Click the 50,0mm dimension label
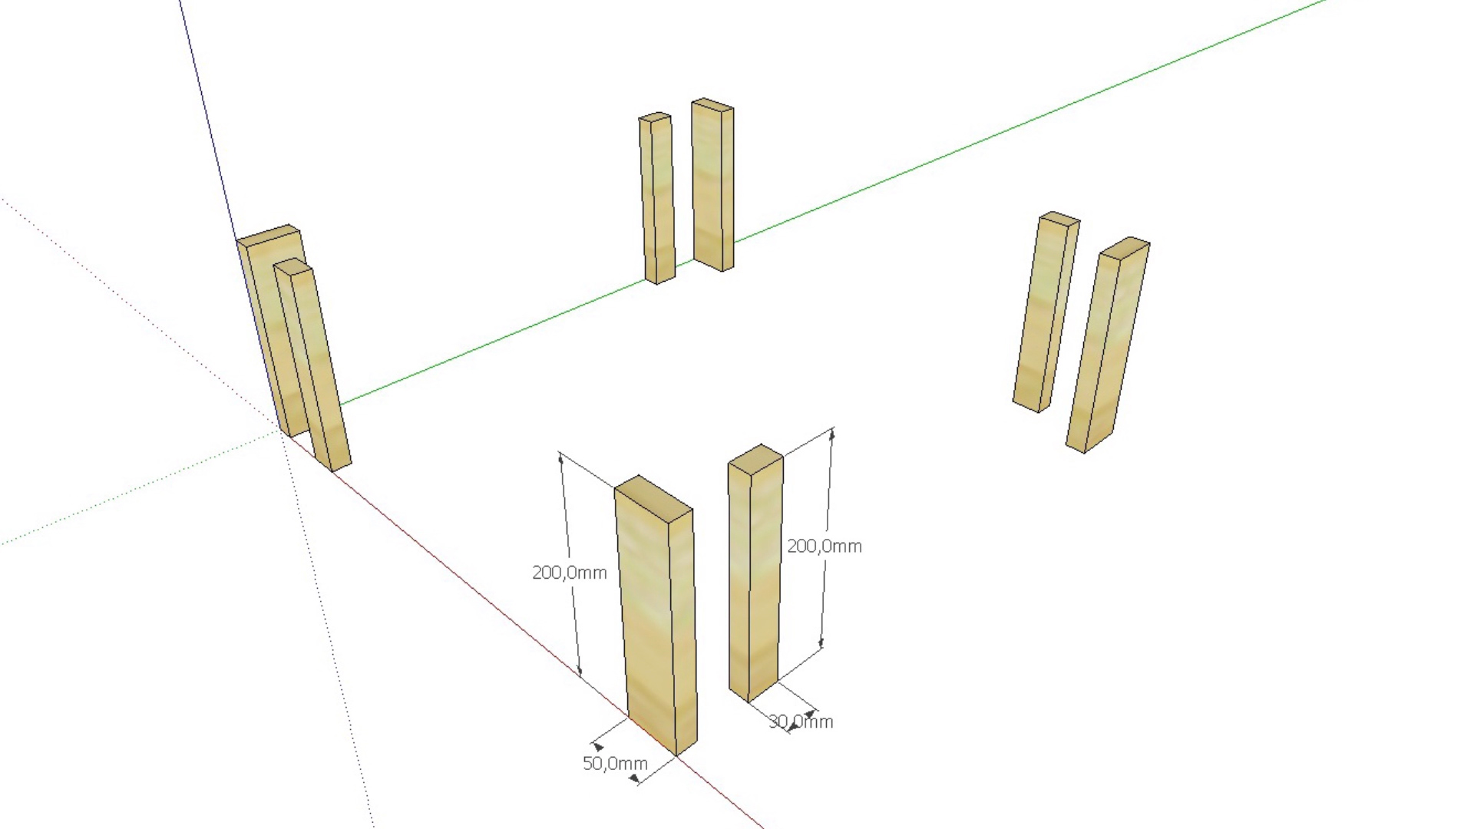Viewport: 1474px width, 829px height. tap(615, 763)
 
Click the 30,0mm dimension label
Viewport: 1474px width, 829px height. tap(801, 722)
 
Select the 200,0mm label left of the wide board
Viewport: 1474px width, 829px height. tap(569, 573)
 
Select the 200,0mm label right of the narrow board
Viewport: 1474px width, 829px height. tap(824, 546)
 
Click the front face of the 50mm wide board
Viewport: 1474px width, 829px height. tap(649, 614)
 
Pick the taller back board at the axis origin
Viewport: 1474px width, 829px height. tap(261, 307)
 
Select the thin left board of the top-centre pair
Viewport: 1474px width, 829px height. tap(658, 200)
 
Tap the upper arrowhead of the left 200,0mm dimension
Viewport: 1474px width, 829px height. tap(561, 461)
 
